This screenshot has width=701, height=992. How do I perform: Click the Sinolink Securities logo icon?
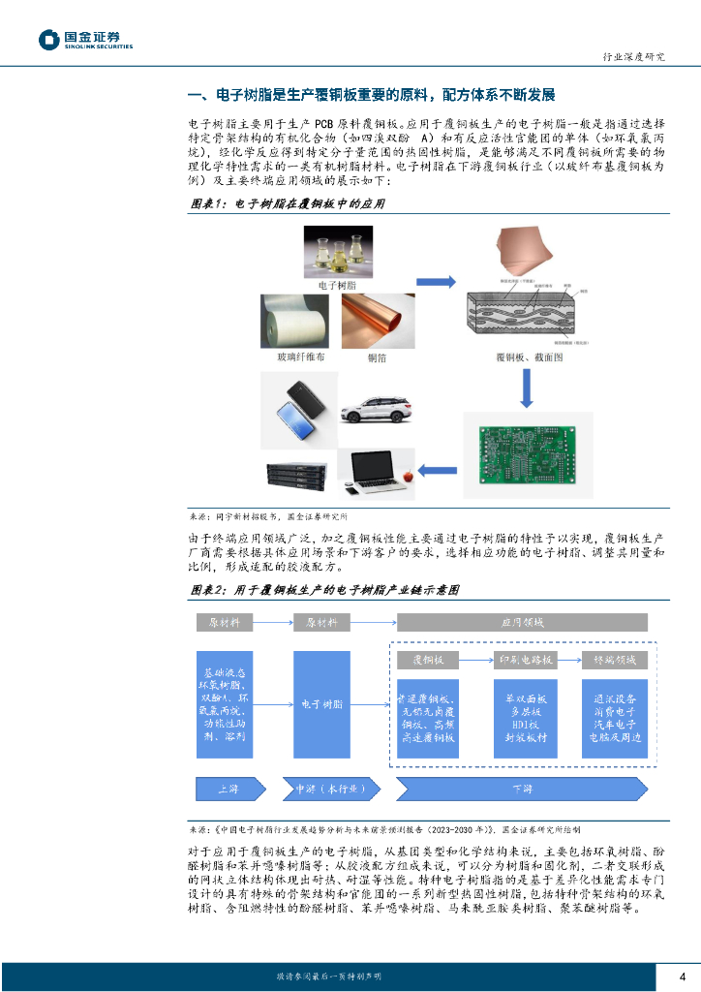[x=49, y=40]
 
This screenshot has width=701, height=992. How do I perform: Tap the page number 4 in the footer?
[x=683, y=976]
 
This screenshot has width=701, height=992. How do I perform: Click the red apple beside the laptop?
[x=408, y=476]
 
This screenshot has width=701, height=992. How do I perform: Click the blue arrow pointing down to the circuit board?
[x=524, y=388]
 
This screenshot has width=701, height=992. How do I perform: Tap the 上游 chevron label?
[x=229, y=789]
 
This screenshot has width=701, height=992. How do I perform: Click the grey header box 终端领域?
[x=614, y=660]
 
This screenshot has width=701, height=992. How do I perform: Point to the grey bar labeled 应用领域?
[x=523, y=622]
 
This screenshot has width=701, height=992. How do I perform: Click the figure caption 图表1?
[x=208, y=204]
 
